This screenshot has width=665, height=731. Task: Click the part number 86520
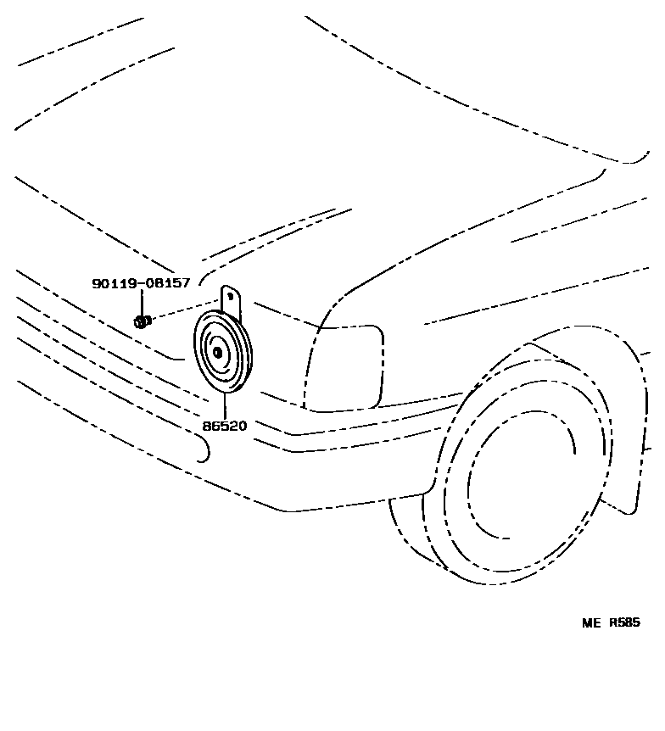(x=224, y=426)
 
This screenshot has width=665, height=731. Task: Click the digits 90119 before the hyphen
(x=115, y=283)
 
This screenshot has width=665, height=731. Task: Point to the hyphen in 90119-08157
(x=142, y=283)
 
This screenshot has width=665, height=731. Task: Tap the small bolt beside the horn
(x=142, y=321)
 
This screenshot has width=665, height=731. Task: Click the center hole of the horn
(x=217, y=352)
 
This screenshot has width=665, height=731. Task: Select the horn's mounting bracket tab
(x=231, y=301)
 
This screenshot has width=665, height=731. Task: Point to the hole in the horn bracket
(x=229, y=296)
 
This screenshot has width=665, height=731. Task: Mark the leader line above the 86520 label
(x=225, y=405)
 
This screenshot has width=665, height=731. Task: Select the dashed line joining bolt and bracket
(x=182, y=310)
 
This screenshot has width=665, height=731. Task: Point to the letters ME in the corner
(x=590, y=622)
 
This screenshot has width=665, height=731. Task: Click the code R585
(x=625, y=622)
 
